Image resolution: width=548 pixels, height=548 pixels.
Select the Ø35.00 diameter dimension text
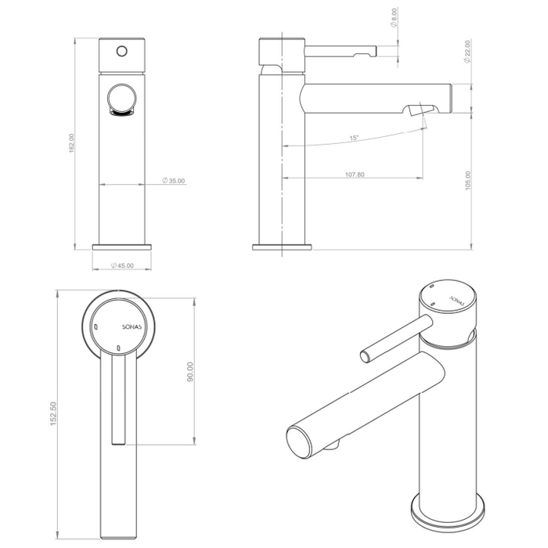click(174, 181)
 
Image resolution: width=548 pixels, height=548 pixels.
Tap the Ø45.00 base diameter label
click(123, 265)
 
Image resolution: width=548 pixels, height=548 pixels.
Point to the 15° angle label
click(354, 139)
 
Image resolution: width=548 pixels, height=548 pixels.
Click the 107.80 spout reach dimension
click(354, 174)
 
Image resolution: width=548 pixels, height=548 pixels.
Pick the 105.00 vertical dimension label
click(468, 181)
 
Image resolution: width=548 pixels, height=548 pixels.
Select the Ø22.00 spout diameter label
click(467, 52)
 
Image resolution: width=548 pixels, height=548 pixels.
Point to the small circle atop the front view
click(121, 50)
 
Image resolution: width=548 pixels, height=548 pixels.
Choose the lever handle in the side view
click(341, 52)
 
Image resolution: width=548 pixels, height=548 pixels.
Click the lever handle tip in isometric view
click(365, 356)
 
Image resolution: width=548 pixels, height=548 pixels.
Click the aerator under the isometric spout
click(334, 445)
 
